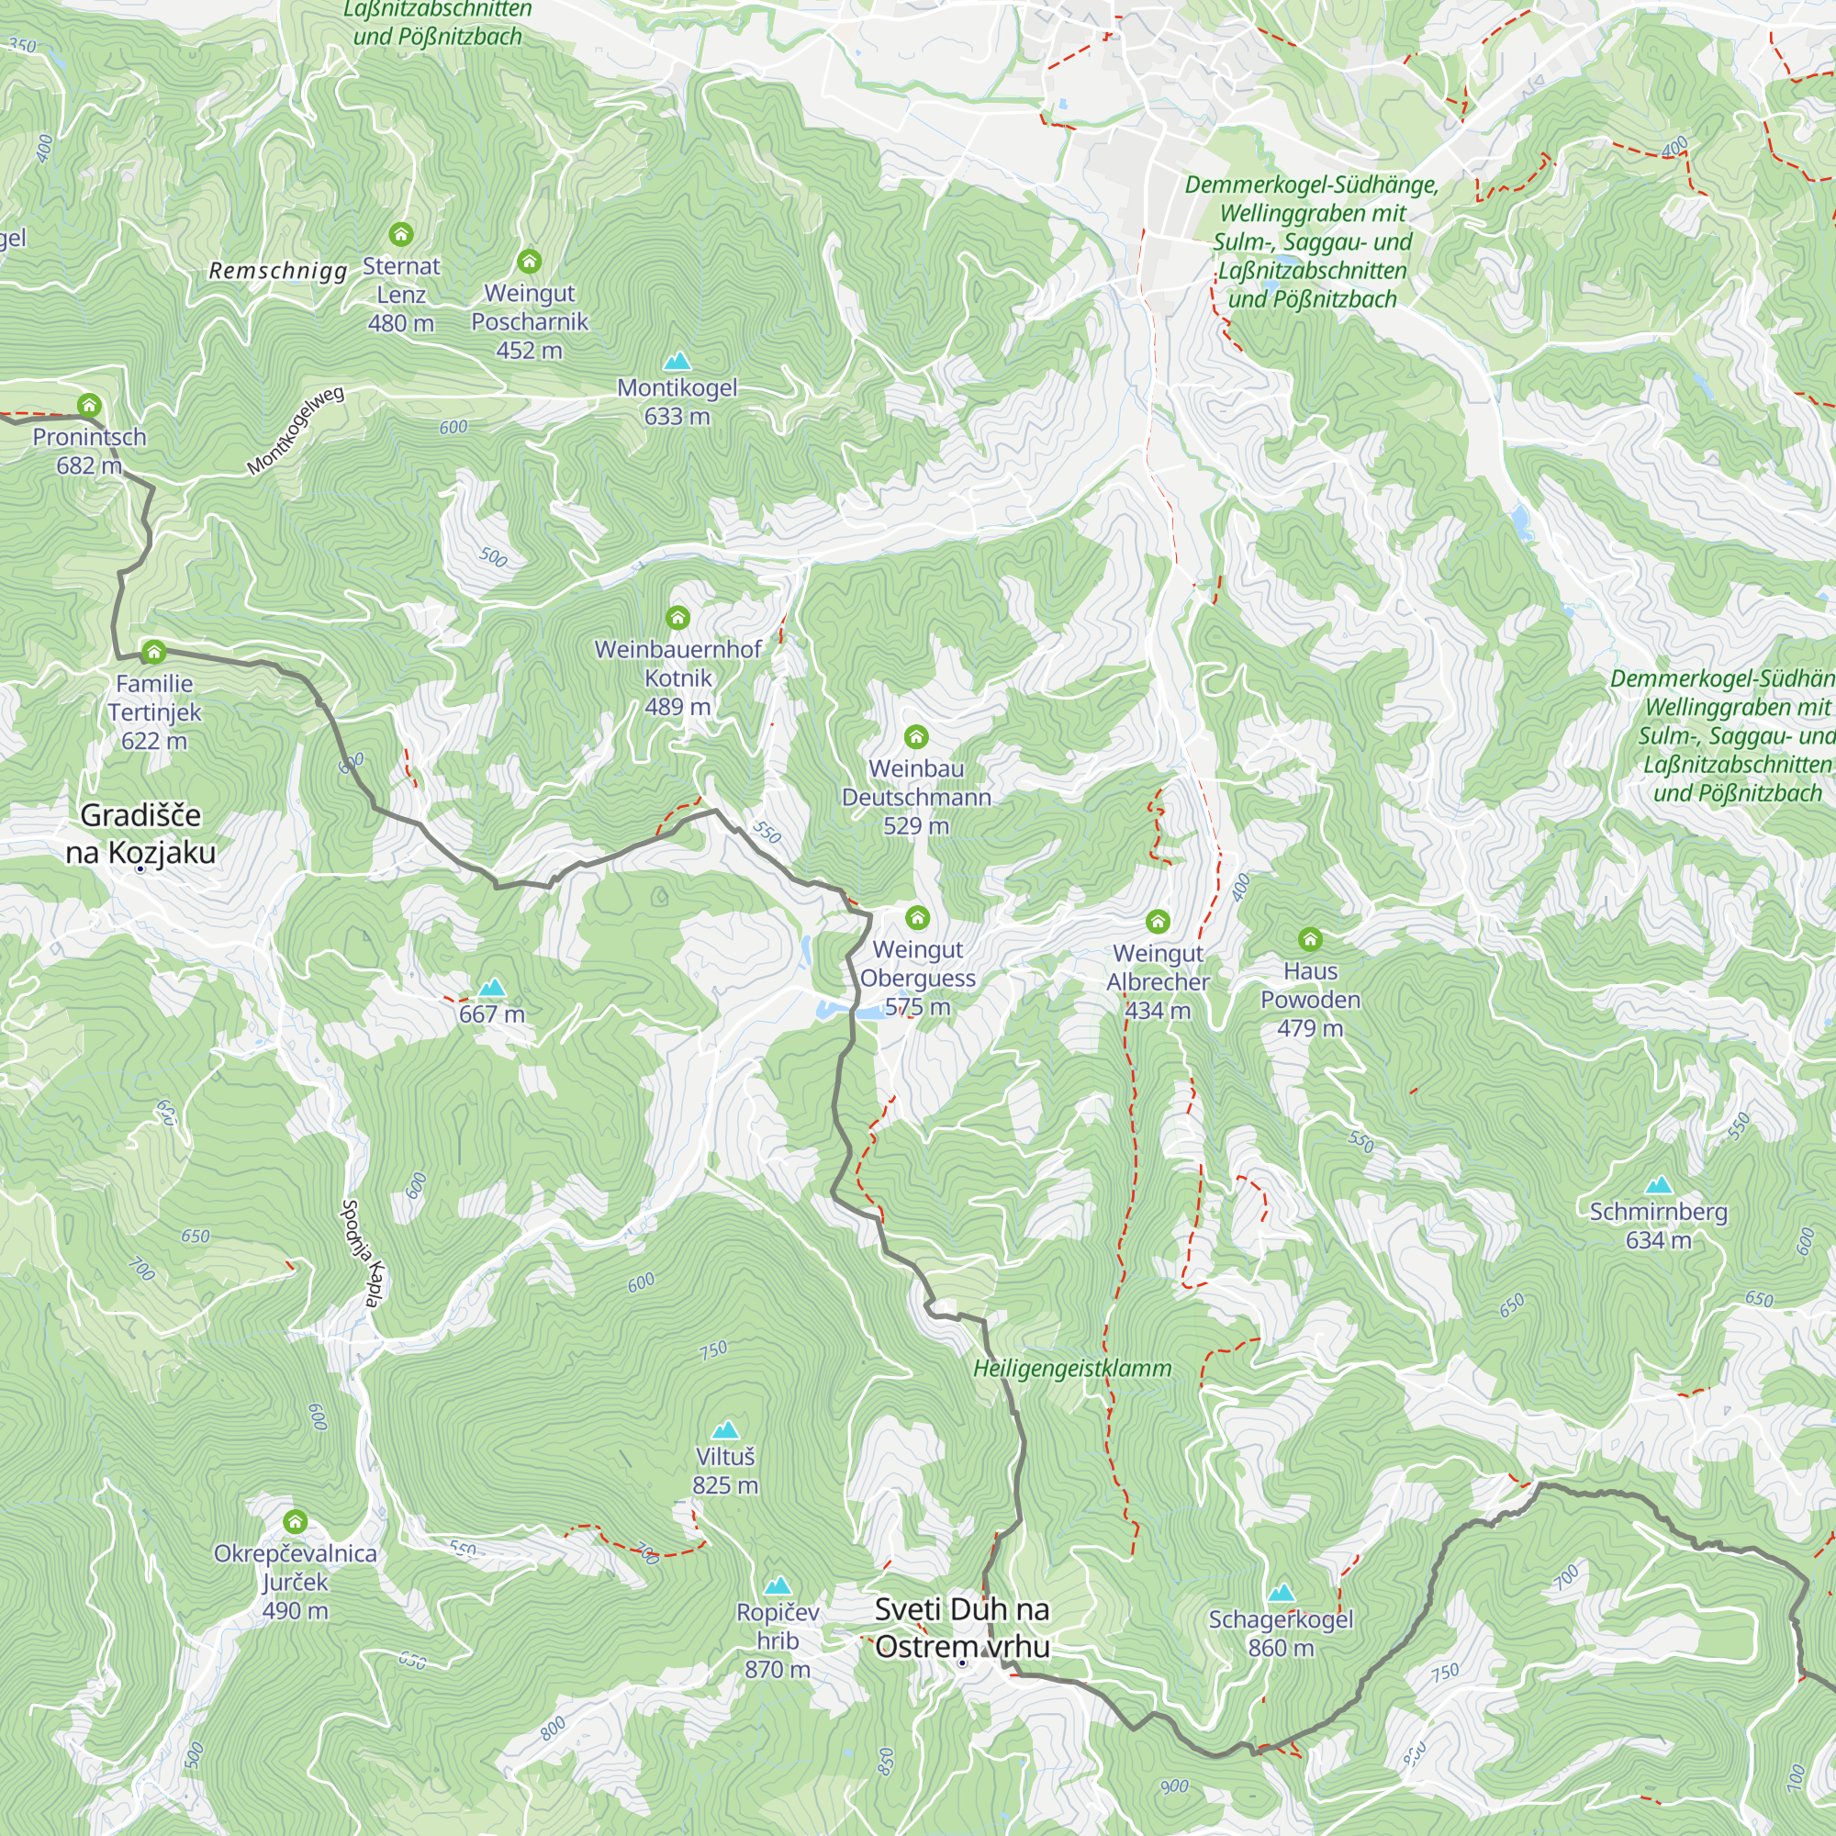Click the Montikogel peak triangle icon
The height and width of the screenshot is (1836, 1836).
(x=677, y=361)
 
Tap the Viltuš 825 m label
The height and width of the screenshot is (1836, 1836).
(x=725, y=1470)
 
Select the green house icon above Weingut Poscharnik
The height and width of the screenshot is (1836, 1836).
(x=530, y=261)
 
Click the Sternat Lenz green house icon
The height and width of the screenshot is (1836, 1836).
(x=401, y=234)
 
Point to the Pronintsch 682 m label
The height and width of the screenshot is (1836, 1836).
(x=89, y=451)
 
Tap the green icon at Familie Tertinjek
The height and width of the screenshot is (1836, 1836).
(x=154, y=652)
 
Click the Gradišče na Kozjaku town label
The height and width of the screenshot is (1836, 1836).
(x=140, y=834)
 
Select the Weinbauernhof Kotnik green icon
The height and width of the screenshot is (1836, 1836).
(x=677, y=619)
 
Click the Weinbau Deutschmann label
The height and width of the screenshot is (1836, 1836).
(x=916, y=796)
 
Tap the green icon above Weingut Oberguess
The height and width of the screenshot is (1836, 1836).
(x=917, y=917)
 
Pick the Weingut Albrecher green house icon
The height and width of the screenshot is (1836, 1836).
(x=1158, y=921)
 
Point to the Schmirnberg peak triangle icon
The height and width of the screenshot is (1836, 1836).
(x=1658, y=1184)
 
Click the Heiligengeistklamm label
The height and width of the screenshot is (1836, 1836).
(x=1072, y=1369)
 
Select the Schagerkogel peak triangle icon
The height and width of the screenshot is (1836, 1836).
(x=1281, y=1592)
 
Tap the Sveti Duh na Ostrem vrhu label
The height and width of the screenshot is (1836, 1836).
(x=962, y=1627)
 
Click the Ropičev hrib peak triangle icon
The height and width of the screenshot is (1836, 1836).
(x=778, y=1585)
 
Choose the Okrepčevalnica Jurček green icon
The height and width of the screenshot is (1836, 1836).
(x=296, y=1521)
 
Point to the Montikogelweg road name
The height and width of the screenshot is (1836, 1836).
(x=296, y=431)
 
